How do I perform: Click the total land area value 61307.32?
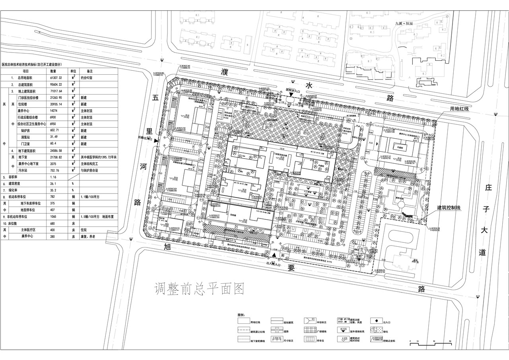[x=56, y=78]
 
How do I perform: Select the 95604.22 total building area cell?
[x=56, y=85]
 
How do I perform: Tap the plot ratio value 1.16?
[x=53, y=177]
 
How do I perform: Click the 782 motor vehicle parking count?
[x=52, y=196]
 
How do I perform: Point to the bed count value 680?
[x=52, y=224]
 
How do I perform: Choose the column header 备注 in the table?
[x=89, y=71]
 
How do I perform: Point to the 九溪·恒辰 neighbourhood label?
[x=404, y=23]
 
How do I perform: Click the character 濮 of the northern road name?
[x=226, y=72]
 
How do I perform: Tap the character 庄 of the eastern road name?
[x=489, y=187]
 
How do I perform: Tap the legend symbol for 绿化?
[x=375, y=330]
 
